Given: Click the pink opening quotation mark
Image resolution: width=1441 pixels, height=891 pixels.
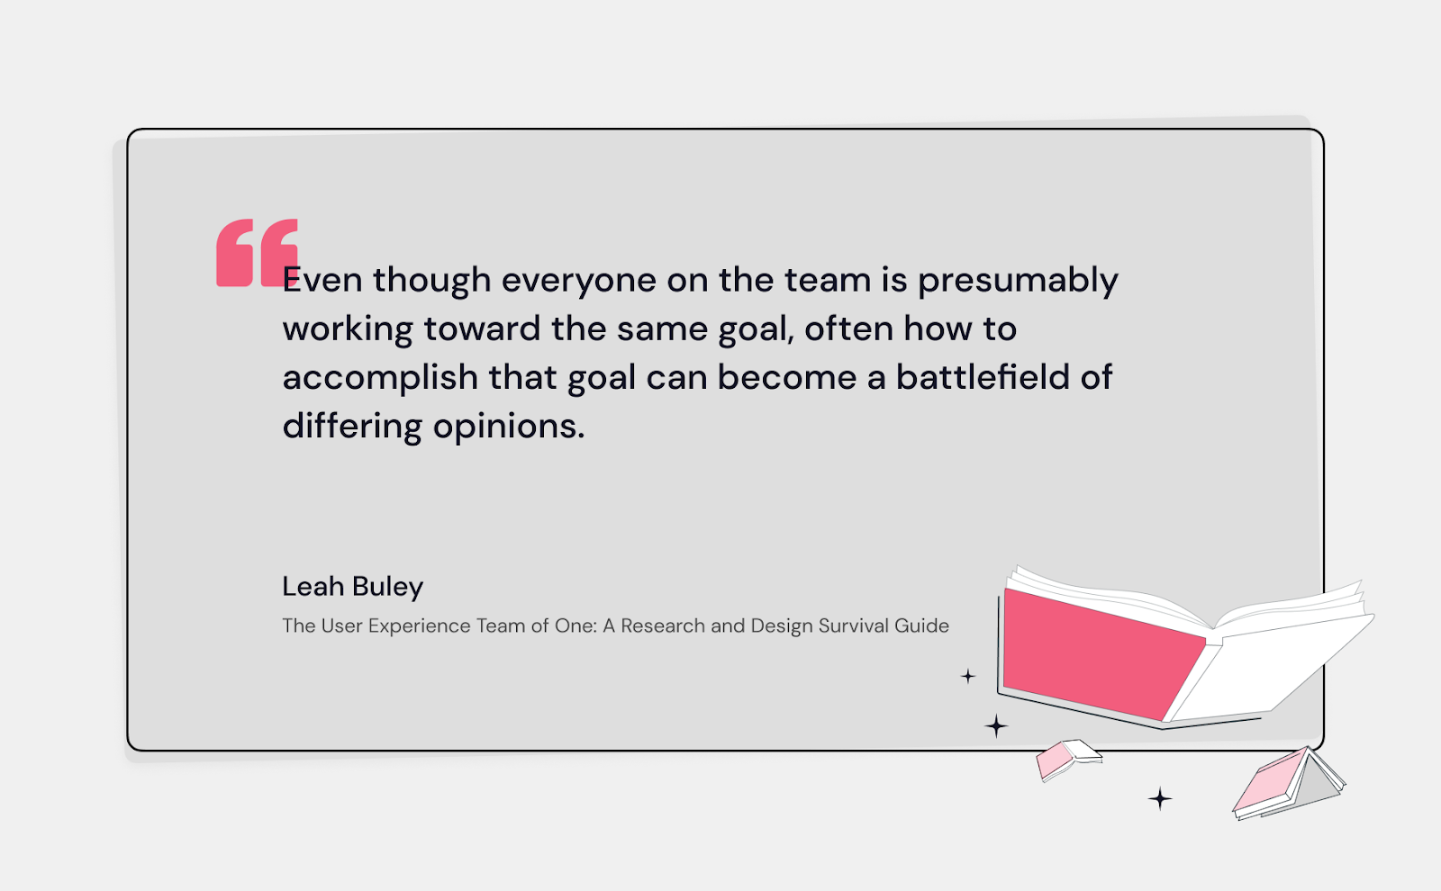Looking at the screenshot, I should tap(255, 253).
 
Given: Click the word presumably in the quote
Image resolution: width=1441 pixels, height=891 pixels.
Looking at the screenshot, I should tap(1018, 281).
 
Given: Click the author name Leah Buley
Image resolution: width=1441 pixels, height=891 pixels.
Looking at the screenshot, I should tap(352, 587).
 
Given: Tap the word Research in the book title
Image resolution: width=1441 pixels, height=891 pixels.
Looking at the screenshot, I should tap(662, 625).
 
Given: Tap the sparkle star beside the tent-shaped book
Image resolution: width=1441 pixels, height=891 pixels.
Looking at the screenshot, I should tap(1160, 798).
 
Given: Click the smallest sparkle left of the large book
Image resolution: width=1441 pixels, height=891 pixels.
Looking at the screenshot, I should tap(968, 676).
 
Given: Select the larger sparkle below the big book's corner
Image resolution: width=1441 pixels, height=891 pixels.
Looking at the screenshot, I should tap(996, 725).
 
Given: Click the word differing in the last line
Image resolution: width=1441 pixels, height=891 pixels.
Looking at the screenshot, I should tap(351, 427).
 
